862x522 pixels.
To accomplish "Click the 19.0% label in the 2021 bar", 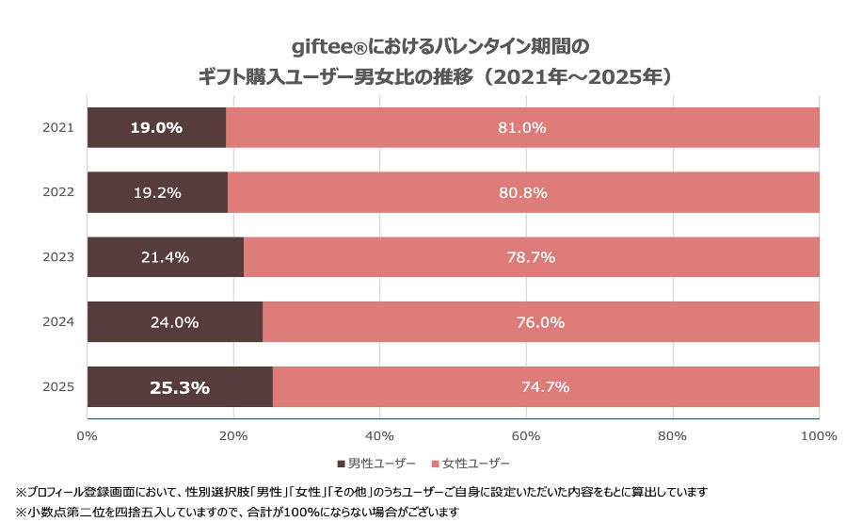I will pyautogui.click(x=156, y=128).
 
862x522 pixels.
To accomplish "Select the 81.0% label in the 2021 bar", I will pyautogui.click(x=522, y=128).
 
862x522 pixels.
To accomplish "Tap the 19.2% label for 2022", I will pyautogui.click(x=157, y=192).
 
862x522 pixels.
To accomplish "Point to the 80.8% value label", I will pyautogui.click(x=523, y=192).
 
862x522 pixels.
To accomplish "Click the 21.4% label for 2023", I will pyautogui.click(x=165, y=257).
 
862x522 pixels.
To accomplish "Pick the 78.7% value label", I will pyautogui.click(x=532, y=257).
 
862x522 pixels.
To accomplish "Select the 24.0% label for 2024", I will pyautogui.click(x=175, y=322).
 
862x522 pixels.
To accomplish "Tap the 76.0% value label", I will pyautogui.click(x=540, y=322).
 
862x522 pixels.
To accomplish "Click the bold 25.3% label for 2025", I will pyautogui.click(x=180, y=387).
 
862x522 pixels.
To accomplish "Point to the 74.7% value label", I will pyautogui.click(x=546, y=387).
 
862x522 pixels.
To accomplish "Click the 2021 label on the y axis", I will pyautogui.click(x=57, y=128).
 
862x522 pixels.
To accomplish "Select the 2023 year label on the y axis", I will pyautogui.click(x=57, y=257).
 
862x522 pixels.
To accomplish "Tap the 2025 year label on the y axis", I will pyautogui.click(x=57, y=387).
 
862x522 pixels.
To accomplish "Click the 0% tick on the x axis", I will pyautogui.click(x=87, y=435).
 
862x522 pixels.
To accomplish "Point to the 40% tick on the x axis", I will pyautogui.click(x=379, y=435).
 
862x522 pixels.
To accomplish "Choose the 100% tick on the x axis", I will pyautogui.click(x=817, y=435).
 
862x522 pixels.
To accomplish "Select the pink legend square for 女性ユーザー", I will pyautogui.click(x=436, y=464).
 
